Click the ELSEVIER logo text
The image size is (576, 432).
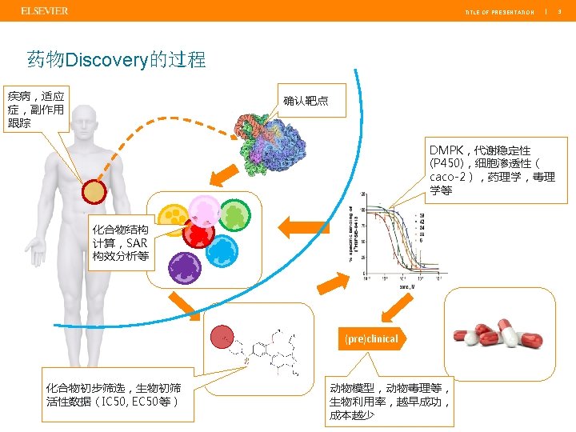click(x=44, y=10)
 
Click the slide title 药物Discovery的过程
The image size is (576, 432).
click(x=116, y=59)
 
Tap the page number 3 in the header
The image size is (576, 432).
click(x=560, y=12)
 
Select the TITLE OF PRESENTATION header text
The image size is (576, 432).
click(x=499, y=12)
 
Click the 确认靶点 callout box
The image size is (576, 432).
click(x=306, y=102)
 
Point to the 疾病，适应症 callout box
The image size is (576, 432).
click(x=36, y=109)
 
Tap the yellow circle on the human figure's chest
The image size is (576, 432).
click(x=94, y=192)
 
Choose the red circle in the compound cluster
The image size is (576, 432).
click(x=198, y=234)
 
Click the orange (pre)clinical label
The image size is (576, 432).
click(x=372, y=338)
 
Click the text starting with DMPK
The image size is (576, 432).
click(x=491, y=170)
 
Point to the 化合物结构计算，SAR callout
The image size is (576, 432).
click(x=121, y=244)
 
